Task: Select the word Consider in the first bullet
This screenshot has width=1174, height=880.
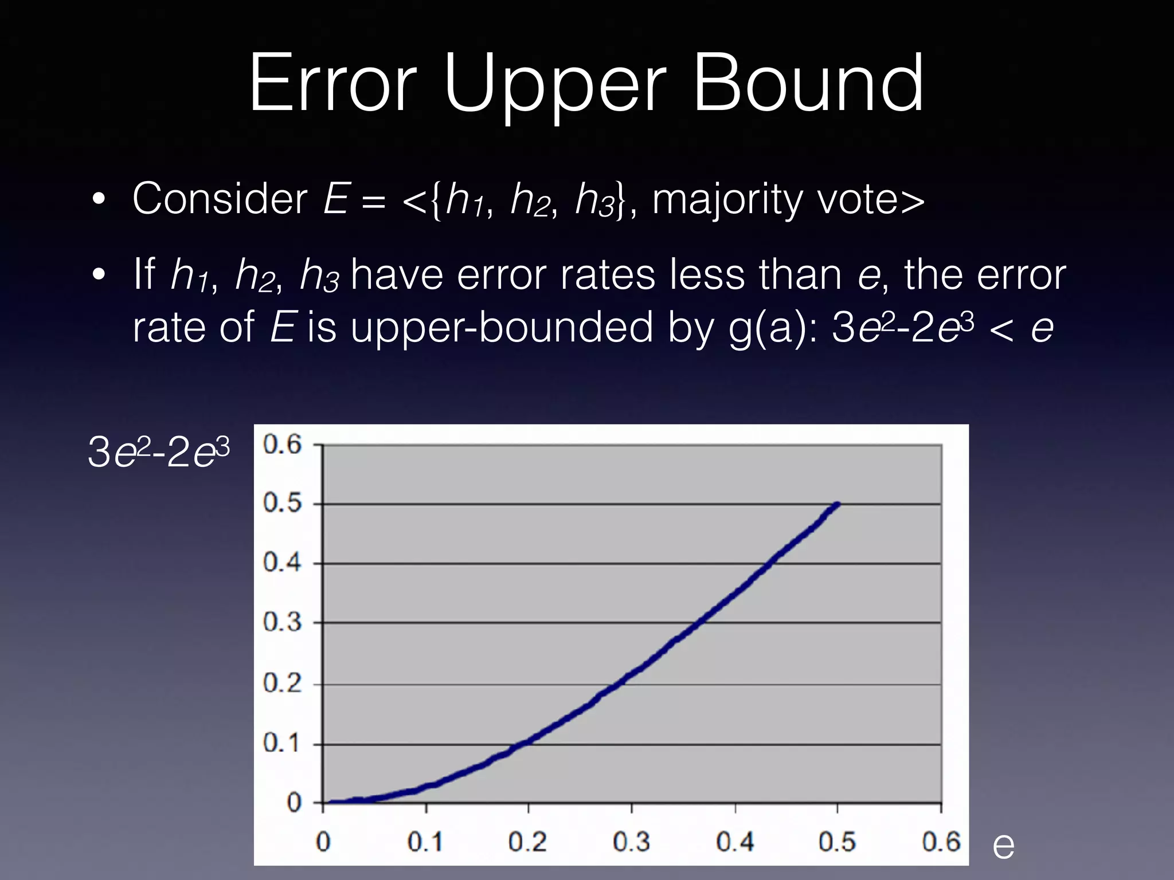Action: (220, 199)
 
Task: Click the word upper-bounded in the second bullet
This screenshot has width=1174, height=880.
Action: (502, 328)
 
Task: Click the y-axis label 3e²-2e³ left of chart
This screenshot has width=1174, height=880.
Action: (159, 453)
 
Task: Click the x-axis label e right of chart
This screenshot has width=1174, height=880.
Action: (1003, 844)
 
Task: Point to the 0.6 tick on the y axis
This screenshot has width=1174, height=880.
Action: (282, 445)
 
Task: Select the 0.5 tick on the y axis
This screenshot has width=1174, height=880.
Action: (282, 504)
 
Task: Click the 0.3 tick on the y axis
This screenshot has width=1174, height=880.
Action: (282, 622)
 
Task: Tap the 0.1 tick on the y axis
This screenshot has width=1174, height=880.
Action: (282, 744)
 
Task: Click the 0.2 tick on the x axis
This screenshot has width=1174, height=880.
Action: (527, 842)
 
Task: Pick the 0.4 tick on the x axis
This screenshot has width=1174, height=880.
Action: (735, 842)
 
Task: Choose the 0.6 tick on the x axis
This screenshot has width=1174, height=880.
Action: (941, 842)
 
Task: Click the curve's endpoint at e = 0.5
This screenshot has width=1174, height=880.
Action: (838, 504)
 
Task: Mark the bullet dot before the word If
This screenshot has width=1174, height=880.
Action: (99, 276)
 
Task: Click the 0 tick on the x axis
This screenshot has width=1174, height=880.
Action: (323, 842)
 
